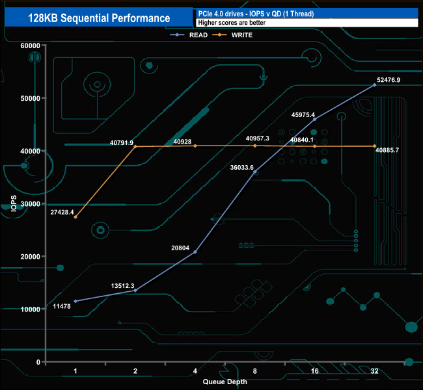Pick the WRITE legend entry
tap(241, 35)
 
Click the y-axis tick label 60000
tap(29, 45)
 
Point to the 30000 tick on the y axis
tap(29, 203)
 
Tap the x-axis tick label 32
tap(374, 371)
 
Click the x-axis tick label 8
tap(255, 371)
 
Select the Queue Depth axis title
tap(225, 382)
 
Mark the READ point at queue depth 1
tap(75, 301)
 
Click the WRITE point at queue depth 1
tap(75, 217)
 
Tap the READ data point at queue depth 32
tap(374, 85)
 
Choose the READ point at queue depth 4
tap(195, 252)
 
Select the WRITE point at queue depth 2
tap(135, 147)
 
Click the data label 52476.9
tap(389, 80)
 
